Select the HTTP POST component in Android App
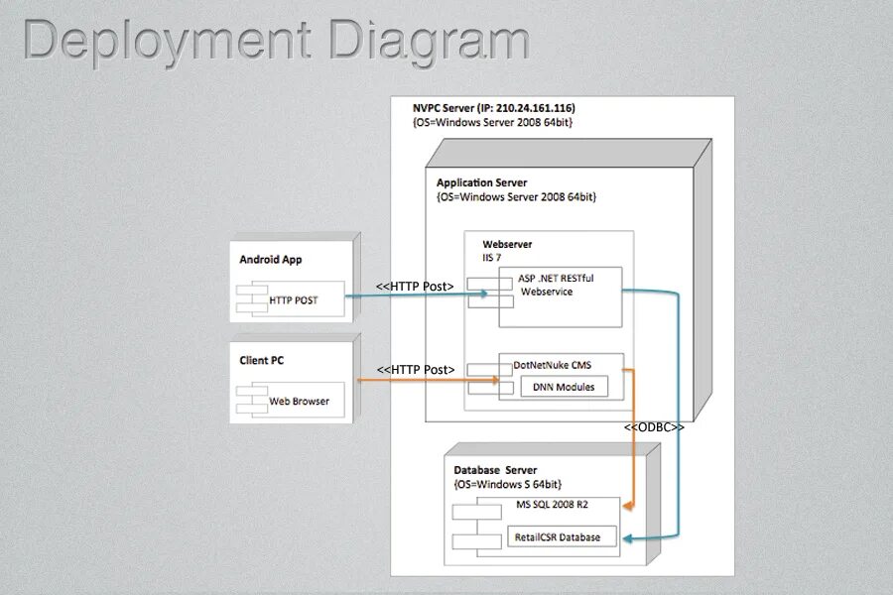[293, 299]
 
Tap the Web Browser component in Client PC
[299, 402]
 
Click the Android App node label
[270, 260]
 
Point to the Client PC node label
[261, 361]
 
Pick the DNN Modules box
[563, 387]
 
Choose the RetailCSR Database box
[557, 537]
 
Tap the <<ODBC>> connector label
[654, 427]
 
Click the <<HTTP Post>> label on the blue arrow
[415, 287]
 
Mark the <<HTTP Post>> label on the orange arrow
[416, 370]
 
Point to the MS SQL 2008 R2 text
[553, 505]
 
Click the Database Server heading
[495, 470]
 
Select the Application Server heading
[481, 183]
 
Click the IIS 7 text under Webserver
[492, 257]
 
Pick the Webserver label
[507, 244]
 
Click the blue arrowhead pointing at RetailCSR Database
[627, 538]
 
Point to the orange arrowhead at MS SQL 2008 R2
[627, 506]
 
